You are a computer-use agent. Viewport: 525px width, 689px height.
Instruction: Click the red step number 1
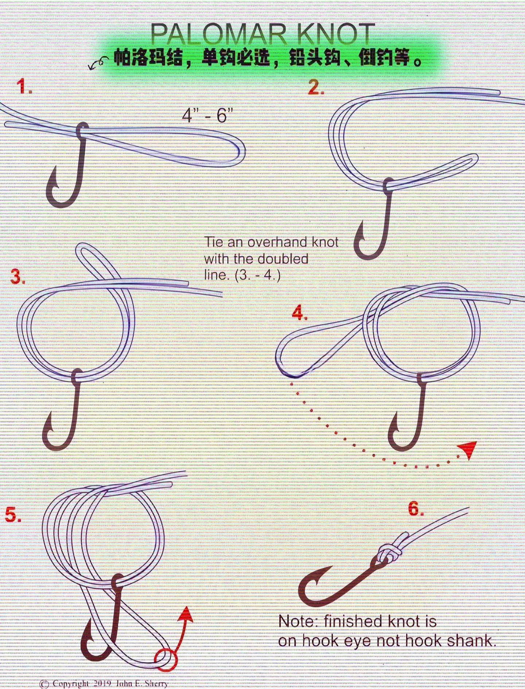point(24,87)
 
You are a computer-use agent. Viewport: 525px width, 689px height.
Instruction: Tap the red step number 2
point(316,87)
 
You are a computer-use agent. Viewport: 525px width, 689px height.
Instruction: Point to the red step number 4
point(300,313)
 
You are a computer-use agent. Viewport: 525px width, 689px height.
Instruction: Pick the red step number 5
point(13,515)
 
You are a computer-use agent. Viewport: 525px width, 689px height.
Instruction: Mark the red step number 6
point(416,508)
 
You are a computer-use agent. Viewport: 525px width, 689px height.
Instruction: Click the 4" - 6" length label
point(207,116)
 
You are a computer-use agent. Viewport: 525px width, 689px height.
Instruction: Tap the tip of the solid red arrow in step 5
point(187,607)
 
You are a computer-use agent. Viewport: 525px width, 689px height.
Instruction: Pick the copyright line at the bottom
point(104,684)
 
